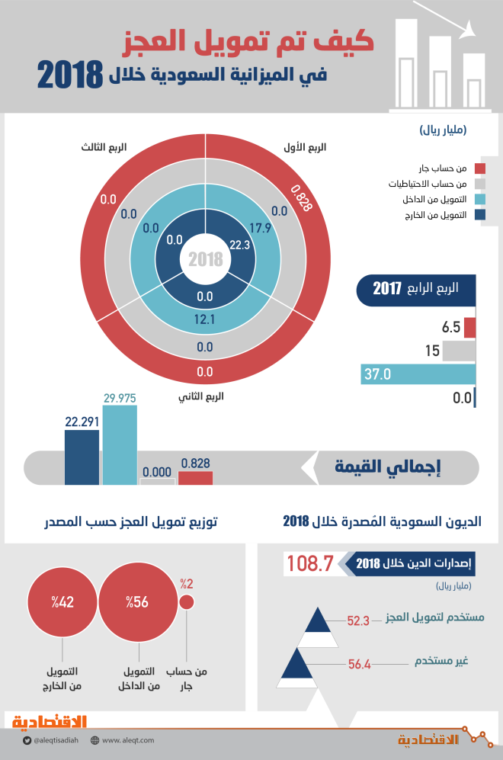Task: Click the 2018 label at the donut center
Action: [206, 259]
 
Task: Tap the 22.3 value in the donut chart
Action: [239, 245]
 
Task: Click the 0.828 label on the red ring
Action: [300, 199]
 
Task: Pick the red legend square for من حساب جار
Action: [479, 168]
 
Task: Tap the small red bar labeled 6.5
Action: [469, 328]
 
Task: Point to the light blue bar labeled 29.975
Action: [120, 445]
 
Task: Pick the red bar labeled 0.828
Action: [195, 477]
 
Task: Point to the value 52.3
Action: [357, 621]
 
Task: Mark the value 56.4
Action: [358, 664]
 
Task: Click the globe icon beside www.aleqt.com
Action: [95, 740]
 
